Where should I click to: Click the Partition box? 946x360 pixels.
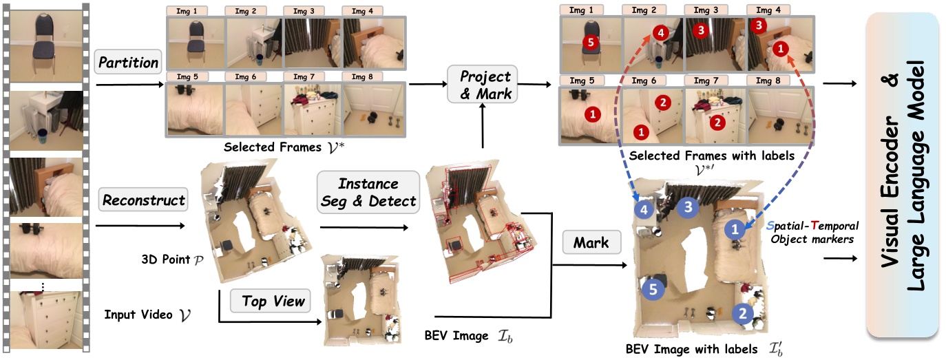click(x=129, y=63)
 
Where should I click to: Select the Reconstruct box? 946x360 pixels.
click(x=144, y=200)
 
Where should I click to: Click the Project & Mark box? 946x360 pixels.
click(x=485, y=85)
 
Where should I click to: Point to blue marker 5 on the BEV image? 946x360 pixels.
click(x=653, y=290)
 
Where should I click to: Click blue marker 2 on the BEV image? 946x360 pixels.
click(x=742, y=314)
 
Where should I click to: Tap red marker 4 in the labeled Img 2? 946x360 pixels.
click(x=658, y=32)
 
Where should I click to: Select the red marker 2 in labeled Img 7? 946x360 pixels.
click(x=717, y=122)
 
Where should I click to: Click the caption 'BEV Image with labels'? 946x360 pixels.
click(x=691, y=348)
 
